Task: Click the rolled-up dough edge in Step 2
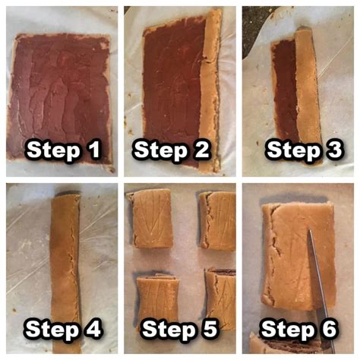210,91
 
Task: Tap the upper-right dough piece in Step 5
218,221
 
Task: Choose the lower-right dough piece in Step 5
221,298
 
